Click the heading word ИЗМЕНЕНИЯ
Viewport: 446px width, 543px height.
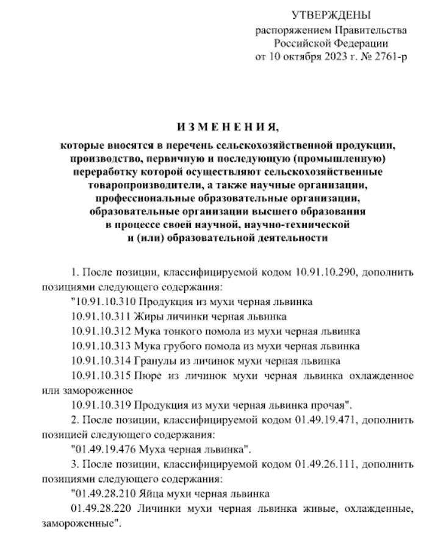tap(222, 128)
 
